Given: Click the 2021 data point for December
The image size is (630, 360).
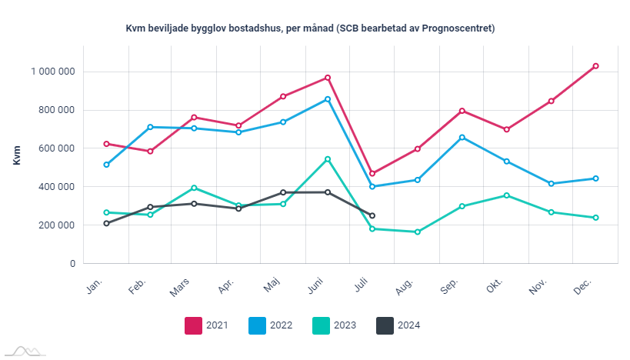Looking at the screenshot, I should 595,66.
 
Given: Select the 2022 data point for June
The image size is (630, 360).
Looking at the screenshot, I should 328,99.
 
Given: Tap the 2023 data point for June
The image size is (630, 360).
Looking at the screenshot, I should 328,159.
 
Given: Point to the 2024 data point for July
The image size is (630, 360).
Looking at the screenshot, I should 372,215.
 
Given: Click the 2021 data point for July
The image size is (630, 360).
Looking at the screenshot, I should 372,173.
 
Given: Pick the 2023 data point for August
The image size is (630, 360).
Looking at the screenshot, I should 417,232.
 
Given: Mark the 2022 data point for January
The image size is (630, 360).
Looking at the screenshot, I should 106,165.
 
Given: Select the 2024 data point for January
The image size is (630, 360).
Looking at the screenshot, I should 106,223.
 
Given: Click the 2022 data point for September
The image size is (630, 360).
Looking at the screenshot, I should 462,138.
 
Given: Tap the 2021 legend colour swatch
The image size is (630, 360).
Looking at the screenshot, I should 193,325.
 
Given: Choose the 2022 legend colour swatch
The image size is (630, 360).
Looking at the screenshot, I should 257,325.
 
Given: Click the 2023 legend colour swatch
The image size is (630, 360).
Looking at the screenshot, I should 321,325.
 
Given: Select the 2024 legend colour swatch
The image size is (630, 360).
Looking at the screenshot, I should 385,325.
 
